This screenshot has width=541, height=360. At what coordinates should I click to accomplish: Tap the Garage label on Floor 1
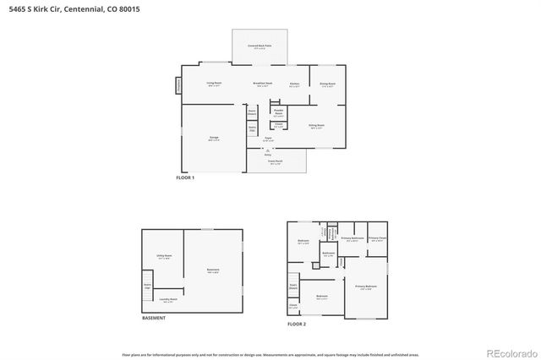tap(214, 138)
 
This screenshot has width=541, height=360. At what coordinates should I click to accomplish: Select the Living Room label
tap(214, 83)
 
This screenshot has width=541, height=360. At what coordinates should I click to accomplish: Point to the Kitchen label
tap(295, 84)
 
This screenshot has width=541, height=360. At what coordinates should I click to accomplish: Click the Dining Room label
tap(326, 84)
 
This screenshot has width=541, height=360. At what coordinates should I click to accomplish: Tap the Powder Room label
tap(277, 112)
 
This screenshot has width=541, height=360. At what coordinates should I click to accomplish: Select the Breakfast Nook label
tap(263, 84)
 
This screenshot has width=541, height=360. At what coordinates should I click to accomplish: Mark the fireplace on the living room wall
tap(179, 85)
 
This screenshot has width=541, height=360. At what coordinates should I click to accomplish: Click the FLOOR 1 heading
tap(185, 178)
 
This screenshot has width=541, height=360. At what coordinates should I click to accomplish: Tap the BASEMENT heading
tap(153, 318)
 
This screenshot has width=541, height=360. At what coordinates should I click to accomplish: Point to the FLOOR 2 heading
tap(297, 324)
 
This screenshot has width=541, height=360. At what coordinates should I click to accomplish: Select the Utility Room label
tap(164, 256)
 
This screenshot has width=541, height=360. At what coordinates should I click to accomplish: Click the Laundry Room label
tap(168, 299)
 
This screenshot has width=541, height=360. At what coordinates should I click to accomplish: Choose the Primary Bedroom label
tap(365, 288)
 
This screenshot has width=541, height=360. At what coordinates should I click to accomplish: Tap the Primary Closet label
tap(377, 238)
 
